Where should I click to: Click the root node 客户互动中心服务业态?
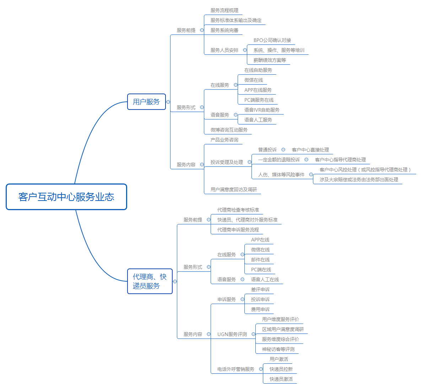pyautogui.click(x=66, y=197)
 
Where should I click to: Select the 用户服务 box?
pyautogui.click(x=146, y=102)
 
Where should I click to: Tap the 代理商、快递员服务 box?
pyautogui.click(x=150, y=281)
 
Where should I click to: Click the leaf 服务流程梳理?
pyautogui.click(x=224, y=10)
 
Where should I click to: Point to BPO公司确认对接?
pyautogui.click(x=272, y=40)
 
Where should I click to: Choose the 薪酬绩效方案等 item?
pyautogui.click(x=270, y=60)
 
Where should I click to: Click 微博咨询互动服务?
pyautogui.click(x=229, y=130)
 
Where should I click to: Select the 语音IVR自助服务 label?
pyautogui.click(x=262, y=110)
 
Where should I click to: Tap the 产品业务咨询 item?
pyautogui.click(x=224, y=140)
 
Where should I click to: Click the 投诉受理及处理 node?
pyautogui.click(x=227, y=162)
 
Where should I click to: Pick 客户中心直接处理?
pyautogui.click(x=310, y=150)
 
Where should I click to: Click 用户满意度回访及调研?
pyautogui.click(x=233, y=190)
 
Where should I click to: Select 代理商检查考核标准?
pyautogui.click(x=238, y=210)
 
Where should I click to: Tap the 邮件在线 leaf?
pyautogui.click(x=260, y=260)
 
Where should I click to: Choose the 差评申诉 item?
pyautogui.click(x=260, y=289)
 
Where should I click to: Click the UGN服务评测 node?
pyautogui.click(x=232, y=334)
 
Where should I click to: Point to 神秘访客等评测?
pyautogui.click(x=278, y=349)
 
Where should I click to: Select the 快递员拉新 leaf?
pyautogui.click(x=281, y=369)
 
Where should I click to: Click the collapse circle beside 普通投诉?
pyautogui.click(x=283, y=150)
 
